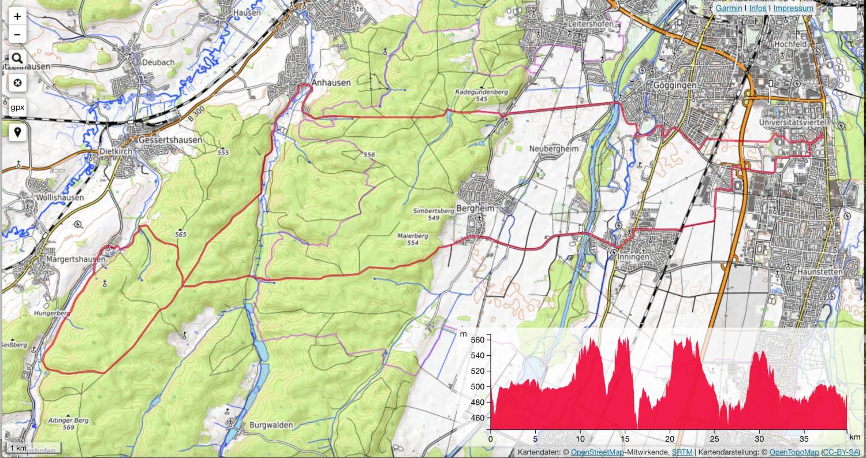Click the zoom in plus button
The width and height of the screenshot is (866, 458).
[17, 16]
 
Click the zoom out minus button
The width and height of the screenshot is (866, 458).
[17, 35]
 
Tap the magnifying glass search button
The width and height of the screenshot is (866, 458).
[17, 58]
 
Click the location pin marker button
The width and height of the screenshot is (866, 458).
[17, 132]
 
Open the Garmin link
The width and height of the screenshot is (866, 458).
[729, 9]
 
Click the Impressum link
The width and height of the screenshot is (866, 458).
[793, 9]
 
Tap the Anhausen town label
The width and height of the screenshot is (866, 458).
[331, 83]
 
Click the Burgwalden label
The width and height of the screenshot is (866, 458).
[271, 425]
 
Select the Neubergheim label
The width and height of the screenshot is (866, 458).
[554, 149]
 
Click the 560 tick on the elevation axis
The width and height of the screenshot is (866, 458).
[480, 340]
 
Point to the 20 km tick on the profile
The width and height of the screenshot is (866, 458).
[670, 438]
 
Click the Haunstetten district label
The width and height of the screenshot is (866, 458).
[819, 271]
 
